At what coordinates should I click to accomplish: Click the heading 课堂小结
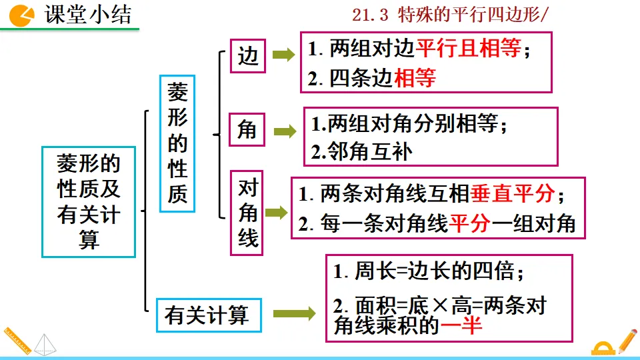click(87, 14)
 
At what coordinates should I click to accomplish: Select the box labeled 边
click(247, 58)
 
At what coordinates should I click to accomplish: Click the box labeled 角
click(247, 130)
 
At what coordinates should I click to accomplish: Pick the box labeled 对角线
click(247, 213)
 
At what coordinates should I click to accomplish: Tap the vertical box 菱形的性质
click(177, 144)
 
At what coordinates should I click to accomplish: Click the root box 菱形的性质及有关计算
click(89, 201)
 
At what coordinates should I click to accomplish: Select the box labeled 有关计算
click(207, 314)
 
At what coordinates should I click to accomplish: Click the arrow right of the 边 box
click(283, 56)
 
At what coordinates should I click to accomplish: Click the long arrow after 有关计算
click(294, 313)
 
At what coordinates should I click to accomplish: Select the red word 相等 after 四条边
click(415, 79)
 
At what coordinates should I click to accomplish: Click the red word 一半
click(461, 327)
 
